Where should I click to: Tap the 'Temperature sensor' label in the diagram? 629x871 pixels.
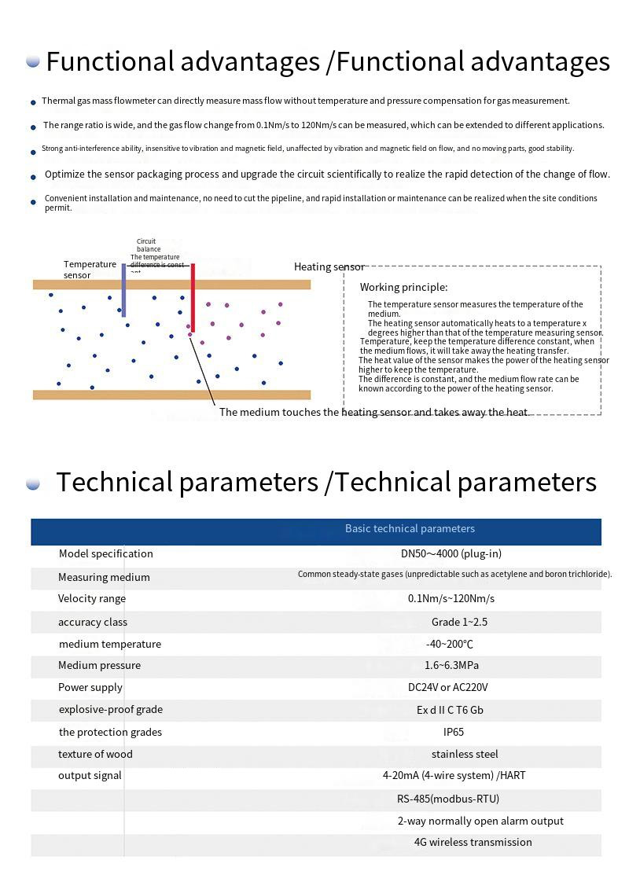(x=90, y=270)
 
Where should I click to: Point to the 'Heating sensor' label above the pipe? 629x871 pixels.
(x=329, y=267)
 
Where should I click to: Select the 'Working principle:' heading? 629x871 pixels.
(x=403, y=288)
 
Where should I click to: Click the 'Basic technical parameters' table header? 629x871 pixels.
(x=410, y=529)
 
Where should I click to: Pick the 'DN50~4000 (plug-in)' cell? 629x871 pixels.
(x=451, y=553)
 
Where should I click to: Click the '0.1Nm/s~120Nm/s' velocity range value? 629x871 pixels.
(x=451, y=599)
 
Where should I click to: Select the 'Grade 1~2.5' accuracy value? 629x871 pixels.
(x=459, y=622)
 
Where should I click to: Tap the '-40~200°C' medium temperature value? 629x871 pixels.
(x=450, y=644)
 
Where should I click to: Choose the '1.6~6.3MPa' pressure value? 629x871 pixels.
(x=451, y=666)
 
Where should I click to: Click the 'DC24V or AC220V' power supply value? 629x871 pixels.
(x=447, y=688)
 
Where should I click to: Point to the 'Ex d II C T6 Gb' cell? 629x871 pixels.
(x=450, y=710)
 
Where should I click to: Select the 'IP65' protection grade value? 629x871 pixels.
(x=454, y=732)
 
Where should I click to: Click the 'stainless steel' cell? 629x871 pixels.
(x=465, y=755)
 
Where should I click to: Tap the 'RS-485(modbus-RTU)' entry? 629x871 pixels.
(x=448, y=799)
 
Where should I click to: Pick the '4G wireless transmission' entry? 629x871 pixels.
(x=473, y=843)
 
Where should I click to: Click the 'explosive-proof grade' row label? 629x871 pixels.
(x=111, y=710)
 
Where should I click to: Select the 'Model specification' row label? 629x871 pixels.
(x=106, y=554)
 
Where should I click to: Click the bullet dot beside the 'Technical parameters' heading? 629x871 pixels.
(x=33, y=483)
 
